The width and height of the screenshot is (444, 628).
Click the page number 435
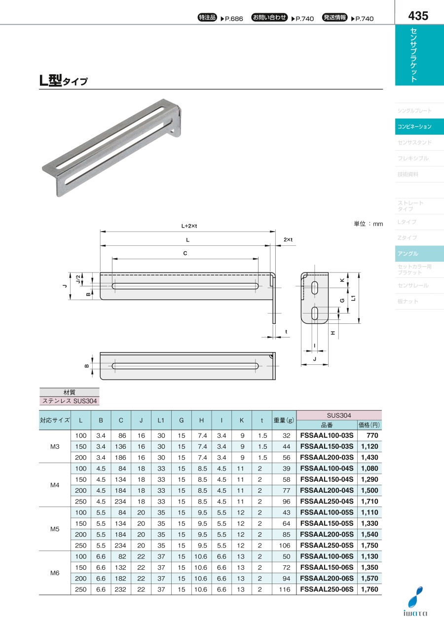(418, 16)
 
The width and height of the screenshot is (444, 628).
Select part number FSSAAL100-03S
(327, 435)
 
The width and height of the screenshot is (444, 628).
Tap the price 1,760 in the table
(370, 589)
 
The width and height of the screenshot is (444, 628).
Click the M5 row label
(55, 529)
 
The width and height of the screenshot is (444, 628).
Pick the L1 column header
(161, 420)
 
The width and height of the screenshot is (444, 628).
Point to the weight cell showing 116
(285, 589)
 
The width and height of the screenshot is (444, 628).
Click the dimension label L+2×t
(189, 226)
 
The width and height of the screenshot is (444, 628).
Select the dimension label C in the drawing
(185, 253)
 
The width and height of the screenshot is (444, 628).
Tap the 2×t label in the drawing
(288, 240)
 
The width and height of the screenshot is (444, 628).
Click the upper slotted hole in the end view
(315, 288)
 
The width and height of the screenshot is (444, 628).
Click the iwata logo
(415, 601)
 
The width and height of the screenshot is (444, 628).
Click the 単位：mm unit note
(368, 224)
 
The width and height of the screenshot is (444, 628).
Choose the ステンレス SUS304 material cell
(70, 401)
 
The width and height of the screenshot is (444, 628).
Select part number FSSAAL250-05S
(327, 545)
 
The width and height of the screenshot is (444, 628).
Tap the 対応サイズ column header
(55, 420)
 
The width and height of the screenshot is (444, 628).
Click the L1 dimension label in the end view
(353, 298)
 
